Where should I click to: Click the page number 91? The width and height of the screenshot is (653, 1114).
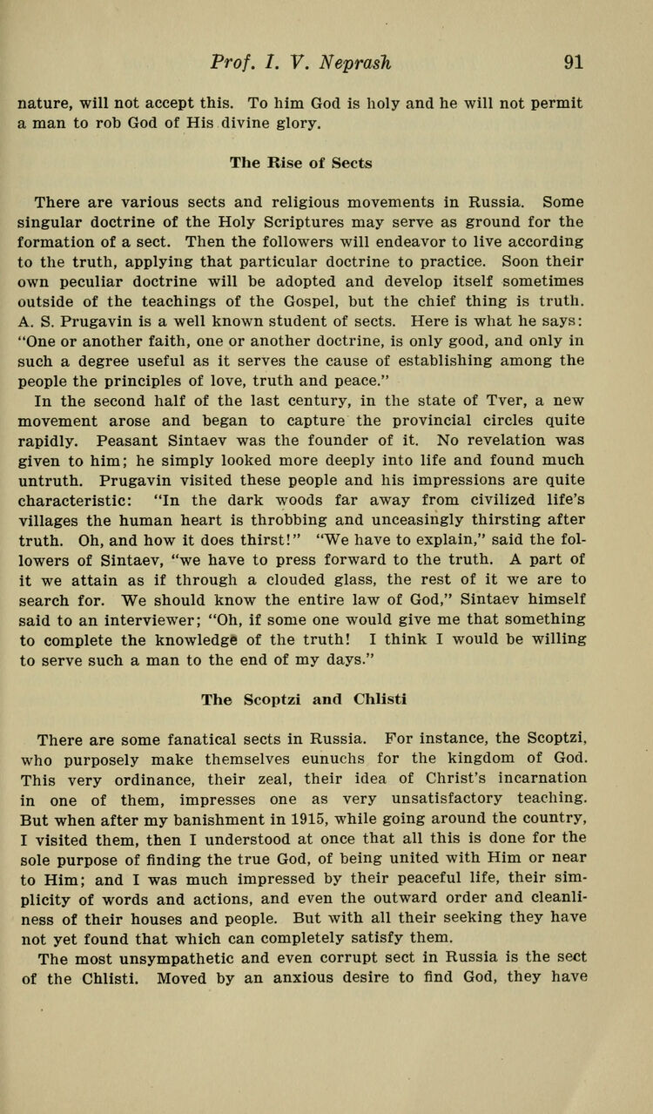[573, 62]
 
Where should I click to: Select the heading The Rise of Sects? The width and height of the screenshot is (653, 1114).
[300, 163]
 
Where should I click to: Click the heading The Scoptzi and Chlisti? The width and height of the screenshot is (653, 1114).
[304, 699]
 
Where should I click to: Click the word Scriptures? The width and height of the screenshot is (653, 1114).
[318, 223]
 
